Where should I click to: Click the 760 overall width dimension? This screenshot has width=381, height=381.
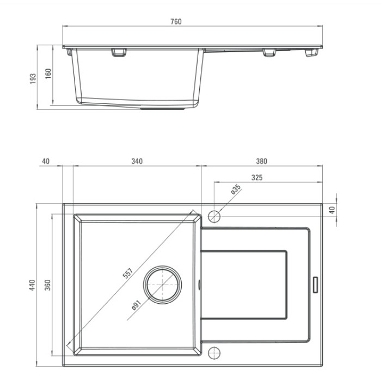176,22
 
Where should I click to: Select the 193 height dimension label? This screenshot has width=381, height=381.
33,79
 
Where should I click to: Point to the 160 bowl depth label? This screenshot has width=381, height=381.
48,73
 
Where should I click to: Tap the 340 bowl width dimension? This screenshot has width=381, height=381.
137,161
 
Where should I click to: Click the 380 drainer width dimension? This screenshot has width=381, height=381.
261,161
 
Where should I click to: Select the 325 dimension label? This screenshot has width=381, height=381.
257,177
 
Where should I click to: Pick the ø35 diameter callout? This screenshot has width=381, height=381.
236,189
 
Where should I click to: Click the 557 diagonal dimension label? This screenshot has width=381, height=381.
128,273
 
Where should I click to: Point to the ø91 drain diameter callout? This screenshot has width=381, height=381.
137,305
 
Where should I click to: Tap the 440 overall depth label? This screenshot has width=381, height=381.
32,285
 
